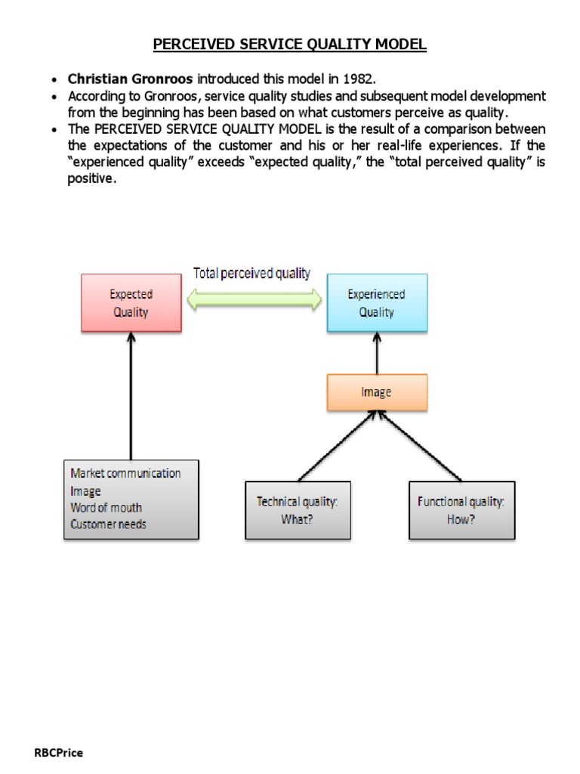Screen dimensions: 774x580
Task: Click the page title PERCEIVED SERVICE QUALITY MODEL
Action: [290, 45]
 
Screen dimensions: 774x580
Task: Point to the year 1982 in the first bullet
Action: [358, 79]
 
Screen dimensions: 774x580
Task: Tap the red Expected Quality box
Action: [131, 302]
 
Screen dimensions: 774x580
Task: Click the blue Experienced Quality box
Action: [376, 302]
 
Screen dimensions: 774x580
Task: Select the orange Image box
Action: [376, 392]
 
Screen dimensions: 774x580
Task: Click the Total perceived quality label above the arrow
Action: [251, 274]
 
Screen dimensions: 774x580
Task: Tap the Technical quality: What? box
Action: [298, 510]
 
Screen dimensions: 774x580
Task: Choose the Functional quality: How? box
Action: [461, 510]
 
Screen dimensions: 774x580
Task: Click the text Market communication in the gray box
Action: [125, 473]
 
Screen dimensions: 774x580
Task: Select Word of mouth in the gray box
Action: [106, 507]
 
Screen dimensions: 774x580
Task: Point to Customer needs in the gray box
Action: [108, 524]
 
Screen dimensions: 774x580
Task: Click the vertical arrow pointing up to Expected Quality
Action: [131, 397]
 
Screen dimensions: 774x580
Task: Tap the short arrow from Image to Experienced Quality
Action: [376, 354]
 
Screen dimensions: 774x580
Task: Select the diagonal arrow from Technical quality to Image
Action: [340, 446]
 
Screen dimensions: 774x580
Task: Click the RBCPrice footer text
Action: [59, 753]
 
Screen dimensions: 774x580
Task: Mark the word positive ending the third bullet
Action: [91, 179]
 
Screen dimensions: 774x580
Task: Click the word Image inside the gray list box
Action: [85, 491]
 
